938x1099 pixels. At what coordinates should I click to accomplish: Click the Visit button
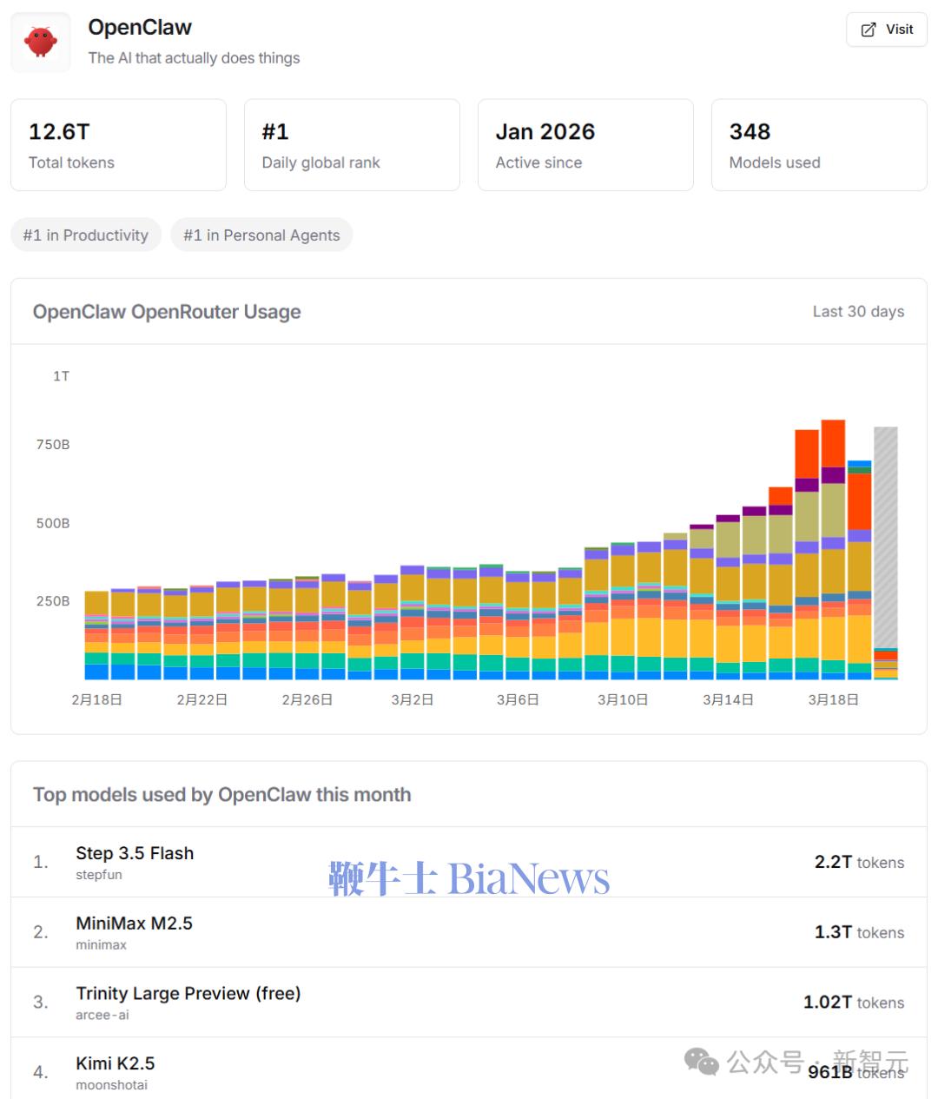pyautogui.click(x=887, y=30)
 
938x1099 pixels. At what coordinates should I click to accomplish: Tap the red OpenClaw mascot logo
pyautogui.click(x=41, y=42)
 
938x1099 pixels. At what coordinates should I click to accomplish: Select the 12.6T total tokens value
pyautogui.click(x=59, y=132)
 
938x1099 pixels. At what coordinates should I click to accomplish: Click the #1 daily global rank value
pyautogui.click(x=275, y=132)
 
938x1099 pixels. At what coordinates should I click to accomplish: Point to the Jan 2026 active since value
pyautogui.click(x=545, y=132)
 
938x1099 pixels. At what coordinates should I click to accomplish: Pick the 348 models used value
pyautogui.click(x=750, y=132)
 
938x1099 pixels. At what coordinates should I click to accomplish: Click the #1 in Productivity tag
pyautogui.click(x=86, y=235)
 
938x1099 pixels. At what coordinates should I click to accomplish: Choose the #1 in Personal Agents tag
pyautogui.click(x=261, y=235)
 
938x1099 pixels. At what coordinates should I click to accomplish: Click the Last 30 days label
pyautogui.click(x=858, y=312)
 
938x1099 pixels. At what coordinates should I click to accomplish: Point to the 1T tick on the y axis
pyautogui.click(x=61, y=376)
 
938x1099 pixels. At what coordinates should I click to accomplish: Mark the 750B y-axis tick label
pyautogui.click(x=53, y=445)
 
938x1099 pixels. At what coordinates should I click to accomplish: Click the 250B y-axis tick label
pyautogui.click(x=53, y=601)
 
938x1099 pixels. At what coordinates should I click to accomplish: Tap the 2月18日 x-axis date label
pyautogui.click(x=96, y=699)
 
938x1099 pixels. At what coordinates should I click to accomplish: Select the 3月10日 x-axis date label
pyautogui.click(x=623, y=699)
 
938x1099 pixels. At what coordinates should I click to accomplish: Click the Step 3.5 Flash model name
pyautogui.click(x=135, y=853)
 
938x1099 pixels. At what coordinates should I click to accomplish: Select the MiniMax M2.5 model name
pyautogui.click(x=134, y=924)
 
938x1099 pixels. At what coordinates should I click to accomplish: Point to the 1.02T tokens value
pyautogui.click(x=854, y=1003)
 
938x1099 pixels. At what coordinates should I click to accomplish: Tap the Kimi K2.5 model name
pyautogui.click(x=115, y=1063)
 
